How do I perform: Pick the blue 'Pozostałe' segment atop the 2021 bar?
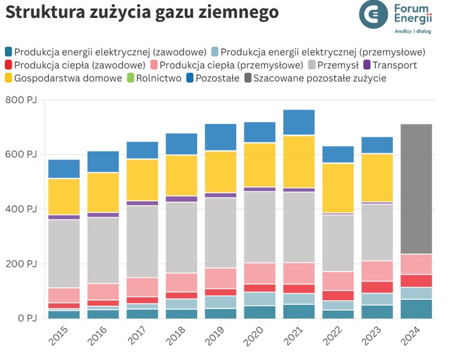299,122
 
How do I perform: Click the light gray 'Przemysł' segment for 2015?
64,253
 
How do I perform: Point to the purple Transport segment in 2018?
182,199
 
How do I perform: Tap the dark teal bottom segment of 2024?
416,308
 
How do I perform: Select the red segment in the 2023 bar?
377,287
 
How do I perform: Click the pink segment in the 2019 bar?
221,278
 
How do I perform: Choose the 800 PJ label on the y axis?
20,100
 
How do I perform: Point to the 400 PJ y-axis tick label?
20,209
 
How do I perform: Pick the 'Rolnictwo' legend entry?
158,78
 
